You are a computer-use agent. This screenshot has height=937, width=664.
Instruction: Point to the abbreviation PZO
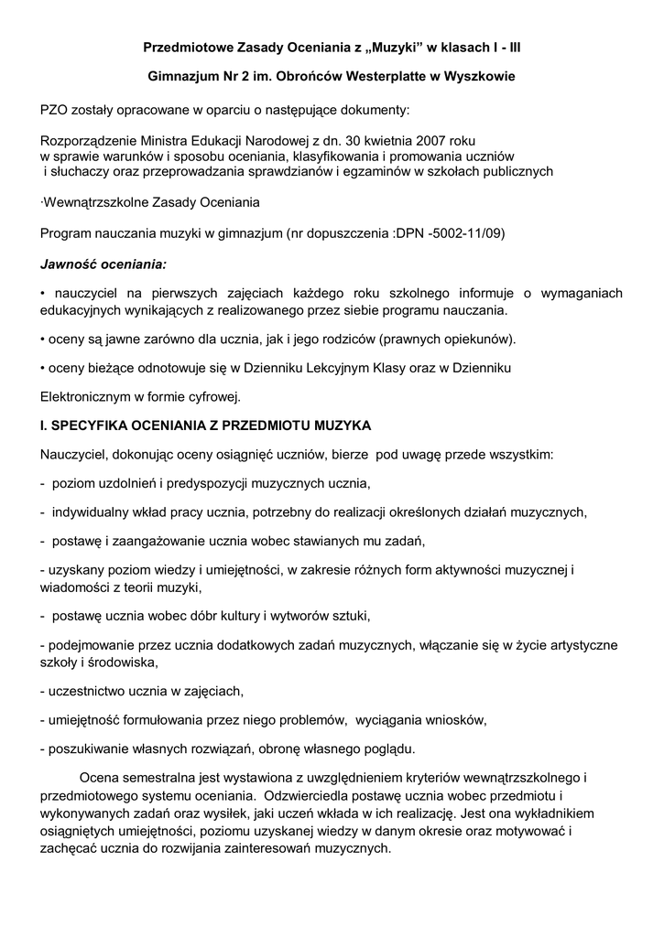click(x=56, y=110)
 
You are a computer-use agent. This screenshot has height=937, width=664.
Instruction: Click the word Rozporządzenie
click(x=89, y=142)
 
